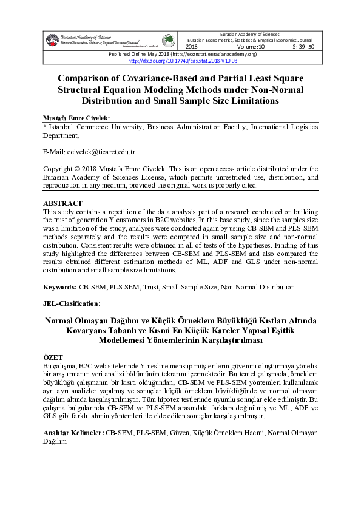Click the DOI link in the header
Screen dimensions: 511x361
click(x=182, y=61)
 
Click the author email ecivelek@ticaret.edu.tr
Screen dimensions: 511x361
click(x=98, y=151)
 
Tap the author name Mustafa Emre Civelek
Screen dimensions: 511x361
click(x=76, y=118)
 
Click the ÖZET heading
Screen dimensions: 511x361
click(x=54, y=359)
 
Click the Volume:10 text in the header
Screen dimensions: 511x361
click(x=251, y=46)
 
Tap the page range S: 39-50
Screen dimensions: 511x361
click(x=303, y=46)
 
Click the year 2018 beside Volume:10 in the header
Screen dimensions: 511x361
click(x=192, y=46)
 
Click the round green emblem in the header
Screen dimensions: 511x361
click(x=167, y=40)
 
